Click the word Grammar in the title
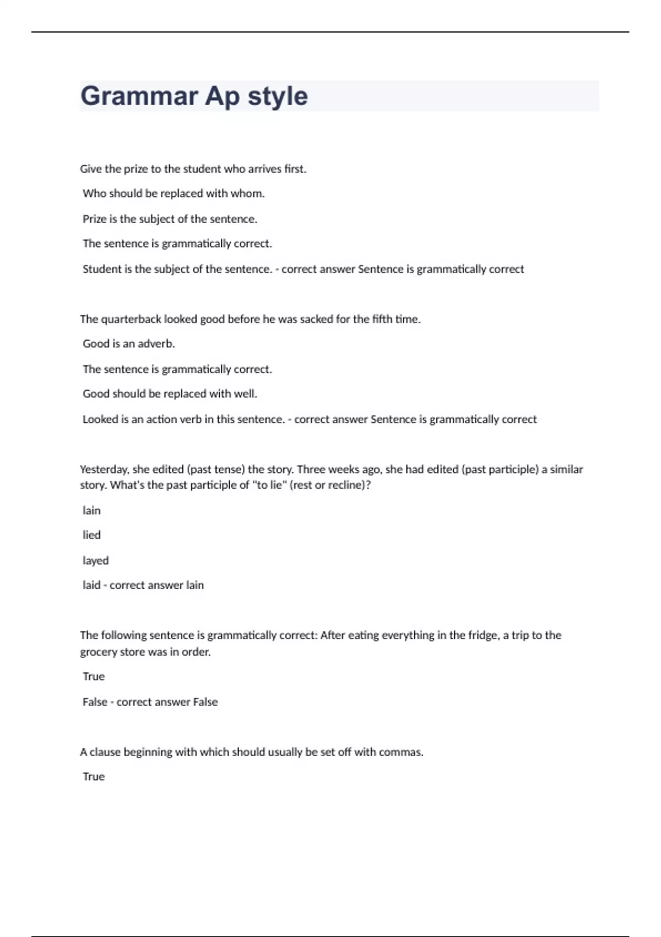pos(139,96)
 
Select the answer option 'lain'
pos(91,510)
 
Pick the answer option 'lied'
pos(91,535)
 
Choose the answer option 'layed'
pos(95,561)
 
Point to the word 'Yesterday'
pos(104,470)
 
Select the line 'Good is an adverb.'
pos(128,344)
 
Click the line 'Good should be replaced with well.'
pos(170,394)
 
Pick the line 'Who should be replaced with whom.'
pos(174,193)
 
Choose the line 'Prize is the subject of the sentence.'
pos(170,219)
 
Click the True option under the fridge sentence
pos(94,677)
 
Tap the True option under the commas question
pos(94,777)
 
